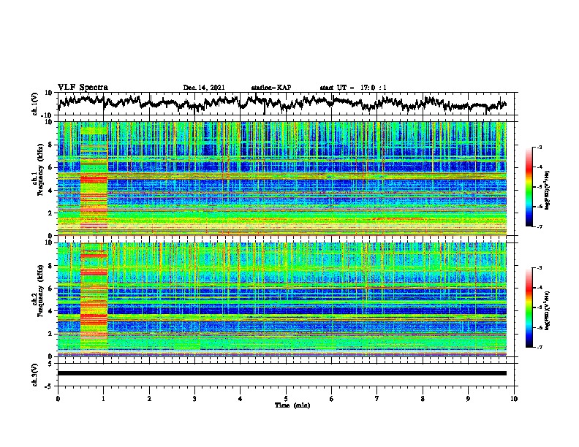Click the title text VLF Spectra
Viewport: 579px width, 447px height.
pos(83,87)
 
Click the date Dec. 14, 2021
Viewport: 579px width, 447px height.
pos(204,88)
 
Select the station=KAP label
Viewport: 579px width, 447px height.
pos(271,88)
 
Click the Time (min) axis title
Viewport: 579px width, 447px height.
pos(286,405)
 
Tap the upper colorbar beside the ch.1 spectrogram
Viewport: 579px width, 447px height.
pos(530,187)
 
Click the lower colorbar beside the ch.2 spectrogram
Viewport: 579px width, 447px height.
pos(530,307)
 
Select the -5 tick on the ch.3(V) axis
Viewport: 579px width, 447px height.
pos(50,384)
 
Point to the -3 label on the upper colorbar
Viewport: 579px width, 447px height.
pos(540,148)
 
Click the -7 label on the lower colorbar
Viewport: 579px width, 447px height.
pos(540,348)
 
